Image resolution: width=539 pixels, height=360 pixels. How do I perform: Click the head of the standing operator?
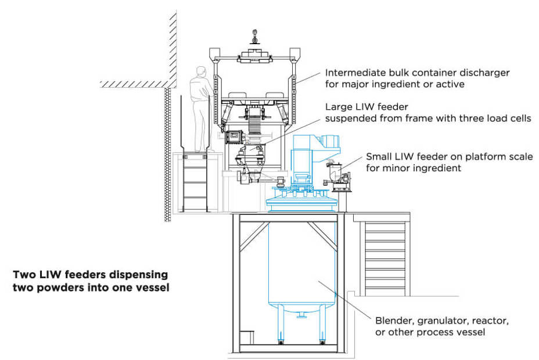tap(202, 72)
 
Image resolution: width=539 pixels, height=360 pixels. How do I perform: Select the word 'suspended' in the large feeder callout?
tap(347, 119)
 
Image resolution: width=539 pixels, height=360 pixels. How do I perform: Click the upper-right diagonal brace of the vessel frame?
tap(323, 232)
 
